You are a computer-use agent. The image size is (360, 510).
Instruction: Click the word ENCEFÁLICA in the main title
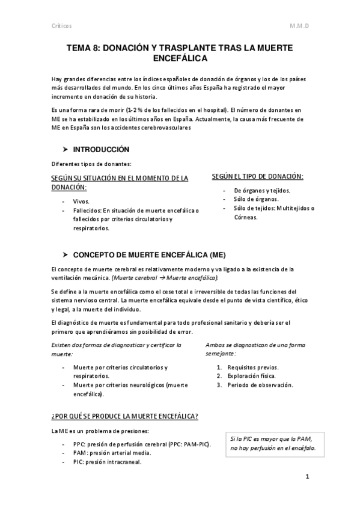tap(180, 59)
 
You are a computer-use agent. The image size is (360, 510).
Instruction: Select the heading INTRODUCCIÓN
tap(101, 149)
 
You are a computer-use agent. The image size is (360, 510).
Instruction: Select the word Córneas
tap(246, 217)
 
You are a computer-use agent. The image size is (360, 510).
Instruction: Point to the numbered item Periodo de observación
tap(259, 385)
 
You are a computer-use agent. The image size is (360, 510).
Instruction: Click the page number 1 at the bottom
tap(307, 477)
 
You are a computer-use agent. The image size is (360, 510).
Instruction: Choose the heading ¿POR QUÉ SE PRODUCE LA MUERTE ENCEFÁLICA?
tap(125, 417)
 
